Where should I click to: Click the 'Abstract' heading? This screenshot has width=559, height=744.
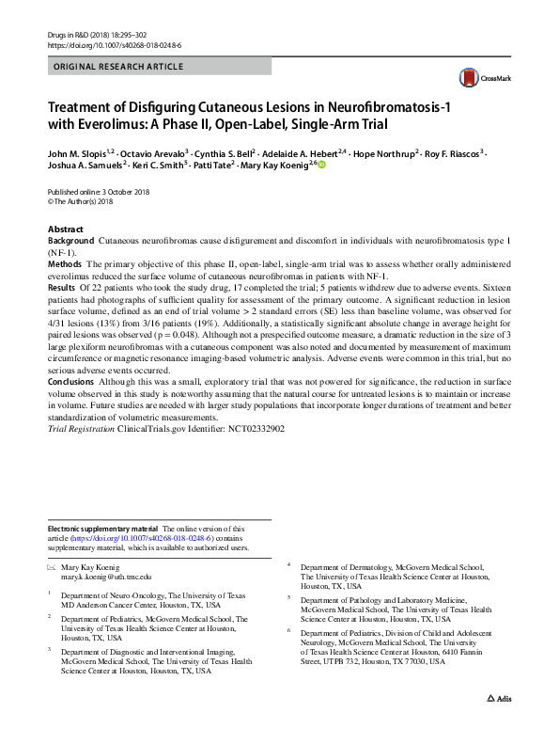tap(66, 230)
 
